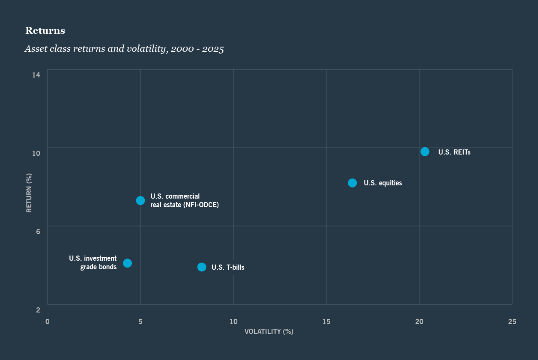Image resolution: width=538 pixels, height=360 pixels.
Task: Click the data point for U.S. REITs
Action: [424, 152]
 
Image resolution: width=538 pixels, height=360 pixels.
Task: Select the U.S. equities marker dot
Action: [352, 183]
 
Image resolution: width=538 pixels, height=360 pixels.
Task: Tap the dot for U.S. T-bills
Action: [202, 267]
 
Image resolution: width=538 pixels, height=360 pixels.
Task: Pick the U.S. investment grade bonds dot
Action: [127, 263]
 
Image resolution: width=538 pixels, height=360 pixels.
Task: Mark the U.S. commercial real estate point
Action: [140, 200]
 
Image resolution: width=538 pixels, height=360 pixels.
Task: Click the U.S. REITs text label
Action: [454, 152]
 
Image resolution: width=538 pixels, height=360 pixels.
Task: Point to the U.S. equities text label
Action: [383, 183]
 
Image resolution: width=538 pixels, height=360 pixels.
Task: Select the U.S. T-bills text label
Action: [228, 268]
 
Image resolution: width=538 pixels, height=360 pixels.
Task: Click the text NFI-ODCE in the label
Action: [200, 205]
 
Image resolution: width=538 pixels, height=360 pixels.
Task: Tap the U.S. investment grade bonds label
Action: [93, 263]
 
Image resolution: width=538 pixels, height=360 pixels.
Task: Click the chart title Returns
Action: [45, 31]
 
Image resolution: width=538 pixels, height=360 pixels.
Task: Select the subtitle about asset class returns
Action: [124, 49]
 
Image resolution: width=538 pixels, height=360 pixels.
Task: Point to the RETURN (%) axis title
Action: [29, 193]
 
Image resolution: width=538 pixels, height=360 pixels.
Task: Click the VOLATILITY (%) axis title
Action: [269, 331]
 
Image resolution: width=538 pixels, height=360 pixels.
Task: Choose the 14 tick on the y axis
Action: [36, 75]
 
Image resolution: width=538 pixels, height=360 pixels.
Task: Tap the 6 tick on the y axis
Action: [38, 232]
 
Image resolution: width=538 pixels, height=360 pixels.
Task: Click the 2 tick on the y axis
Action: [38, 310]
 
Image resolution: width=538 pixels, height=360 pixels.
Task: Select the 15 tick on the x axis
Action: [326, 321]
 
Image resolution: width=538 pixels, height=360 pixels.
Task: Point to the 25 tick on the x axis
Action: [512, 321]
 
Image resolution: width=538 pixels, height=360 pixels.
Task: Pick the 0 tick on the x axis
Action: [48, 321]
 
